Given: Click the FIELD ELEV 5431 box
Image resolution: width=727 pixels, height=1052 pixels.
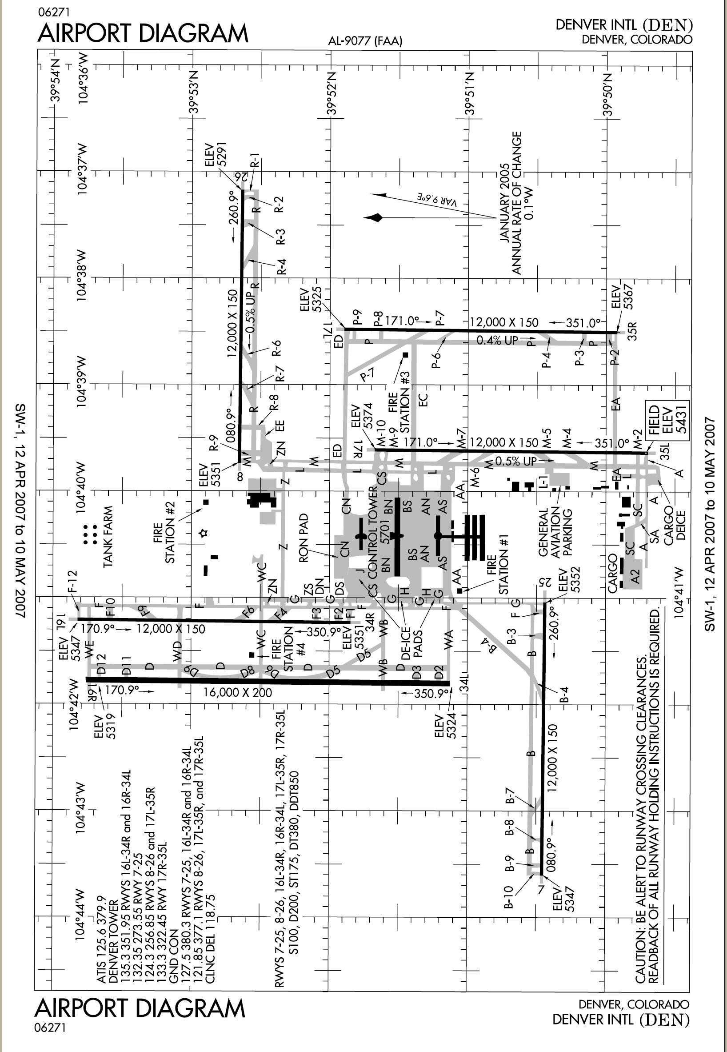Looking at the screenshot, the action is point(667,421).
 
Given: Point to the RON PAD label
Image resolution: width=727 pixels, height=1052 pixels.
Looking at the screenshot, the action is point(304,538).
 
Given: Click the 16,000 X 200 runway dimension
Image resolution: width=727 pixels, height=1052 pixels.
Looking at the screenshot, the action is point(237,693).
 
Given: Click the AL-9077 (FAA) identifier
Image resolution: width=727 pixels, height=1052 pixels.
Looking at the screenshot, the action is point(365,41).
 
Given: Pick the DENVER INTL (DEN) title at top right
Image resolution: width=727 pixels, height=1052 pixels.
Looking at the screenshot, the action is point(623,24).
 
